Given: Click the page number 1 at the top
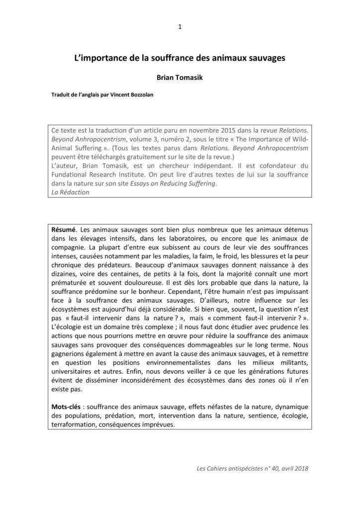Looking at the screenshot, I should (180, 27).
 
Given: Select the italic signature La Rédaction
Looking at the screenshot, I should (70, 192).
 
